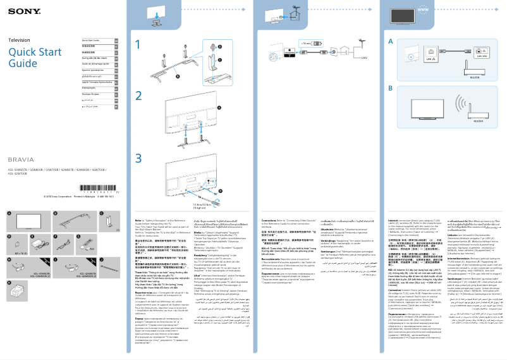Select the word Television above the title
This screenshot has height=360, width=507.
coord(19,40)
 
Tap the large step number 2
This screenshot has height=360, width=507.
coord(138,96)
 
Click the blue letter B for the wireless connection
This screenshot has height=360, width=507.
coord(391,89)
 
